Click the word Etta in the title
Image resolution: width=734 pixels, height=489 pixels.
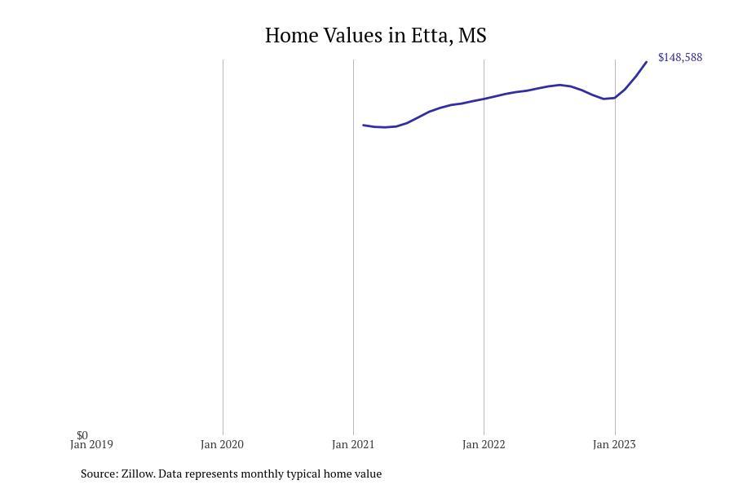click(431, 36)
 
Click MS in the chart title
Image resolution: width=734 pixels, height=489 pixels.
click(472, 36)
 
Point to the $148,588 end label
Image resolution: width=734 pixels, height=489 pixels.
click(679, 58)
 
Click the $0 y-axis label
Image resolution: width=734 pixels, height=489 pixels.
click(82, 435)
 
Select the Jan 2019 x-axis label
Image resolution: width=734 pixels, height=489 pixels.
click(91, 445)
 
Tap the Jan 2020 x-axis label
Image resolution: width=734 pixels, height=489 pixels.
click(222, 445)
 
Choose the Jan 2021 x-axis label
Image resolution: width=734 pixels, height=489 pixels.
click(353, 445)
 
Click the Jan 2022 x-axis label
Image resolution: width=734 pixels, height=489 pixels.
click(484, 445)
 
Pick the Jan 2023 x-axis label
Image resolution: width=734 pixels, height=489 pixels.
click(614, 445)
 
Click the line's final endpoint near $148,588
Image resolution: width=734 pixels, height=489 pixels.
click(647, 62)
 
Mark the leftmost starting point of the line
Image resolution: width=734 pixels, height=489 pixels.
click(364, 125)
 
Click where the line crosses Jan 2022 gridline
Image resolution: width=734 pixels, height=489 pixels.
click(484, 99)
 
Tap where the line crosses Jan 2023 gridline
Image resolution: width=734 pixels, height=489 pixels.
click(615, 98)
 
